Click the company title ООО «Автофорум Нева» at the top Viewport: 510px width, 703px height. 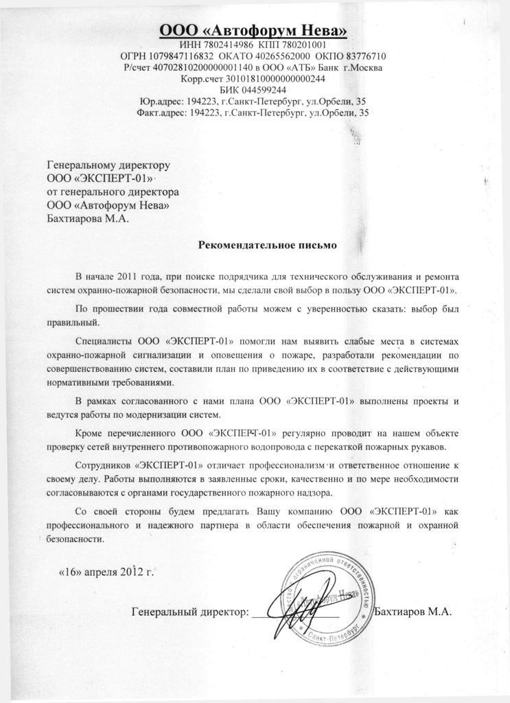tap(254, 30)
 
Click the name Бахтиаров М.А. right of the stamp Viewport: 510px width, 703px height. tap(414, 610)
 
